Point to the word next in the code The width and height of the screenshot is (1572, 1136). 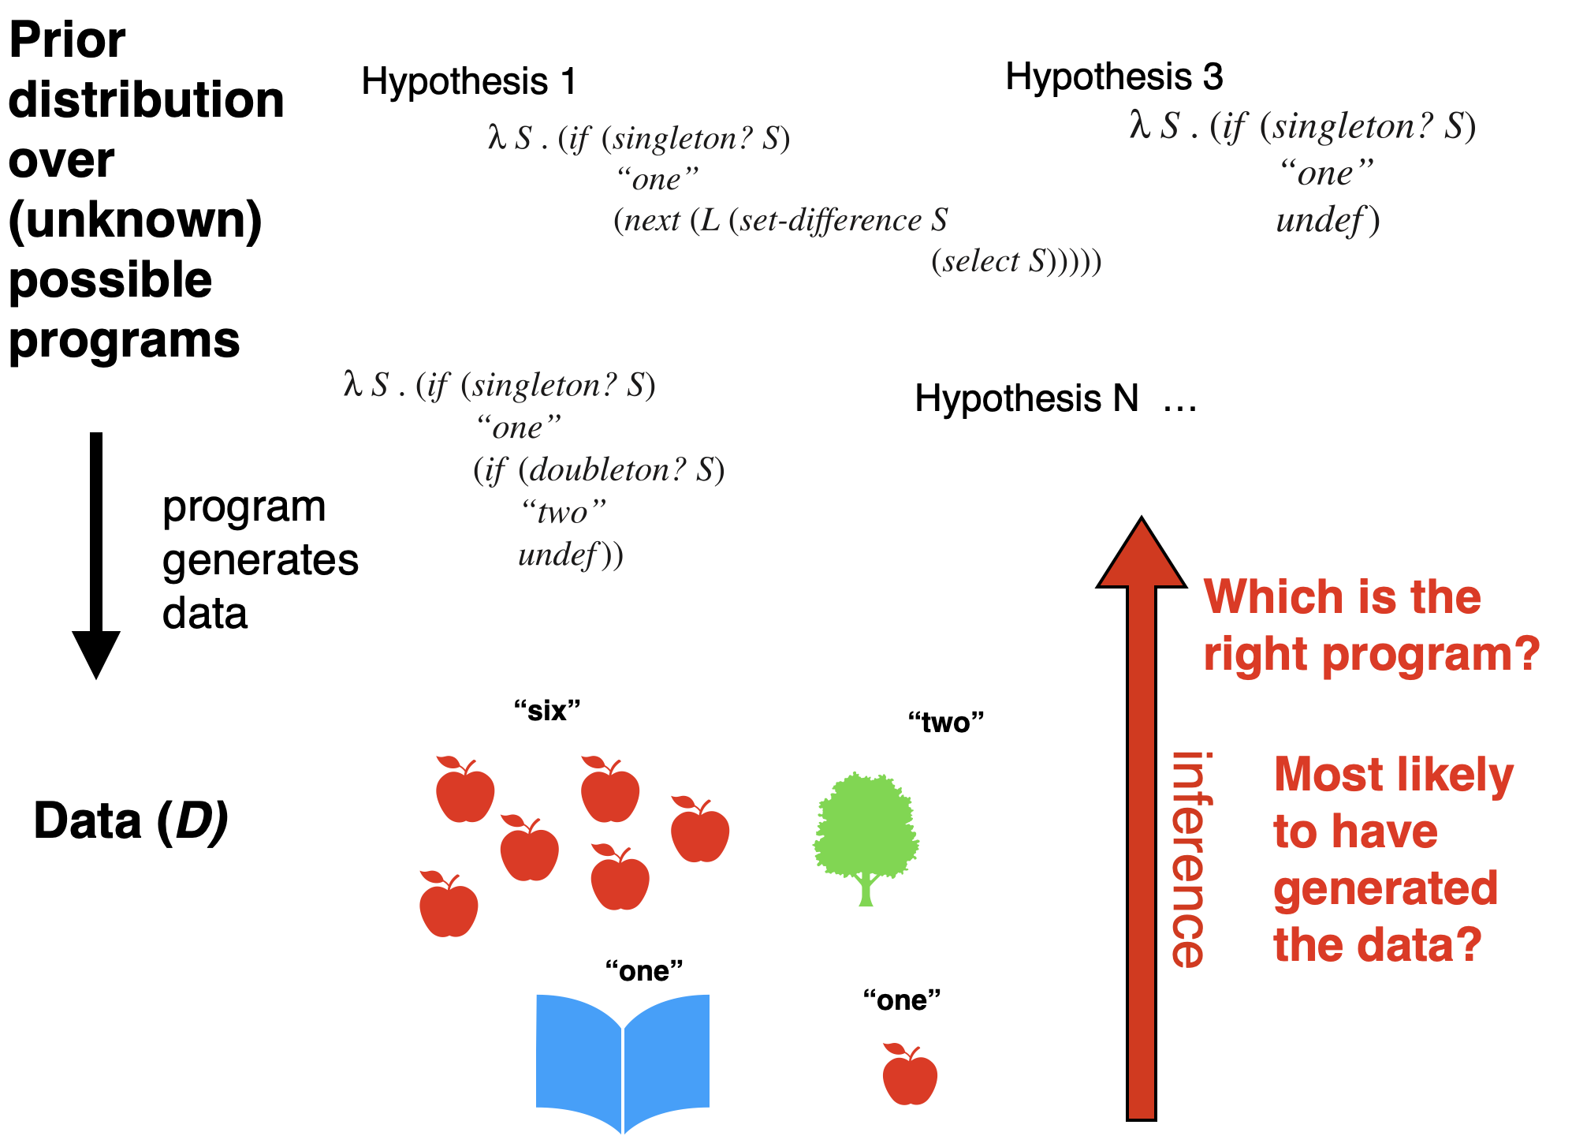pos(652,221)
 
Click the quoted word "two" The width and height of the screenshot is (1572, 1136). pos(564,513)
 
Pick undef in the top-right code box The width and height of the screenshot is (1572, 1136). pos(1319,220)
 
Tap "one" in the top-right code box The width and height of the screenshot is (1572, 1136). pos(1326,174)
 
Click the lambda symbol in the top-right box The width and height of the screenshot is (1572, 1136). pos(1139,125)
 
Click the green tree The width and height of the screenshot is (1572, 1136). pos(866,824)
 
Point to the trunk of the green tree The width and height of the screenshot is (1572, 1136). pos(866,891)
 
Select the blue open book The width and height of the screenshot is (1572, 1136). pos(623,1057)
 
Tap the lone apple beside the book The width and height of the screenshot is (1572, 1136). pos(910,1076)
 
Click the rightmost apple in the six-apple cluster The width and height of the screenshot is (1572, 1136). pos(700,832)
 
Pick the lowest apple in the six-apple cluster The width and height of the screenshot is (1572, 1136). pos(449,907)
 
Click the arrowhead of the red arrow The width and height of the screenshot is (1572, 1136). pos(1141,556)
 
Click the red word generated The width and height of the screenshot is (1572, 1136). pos(1385,889)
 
